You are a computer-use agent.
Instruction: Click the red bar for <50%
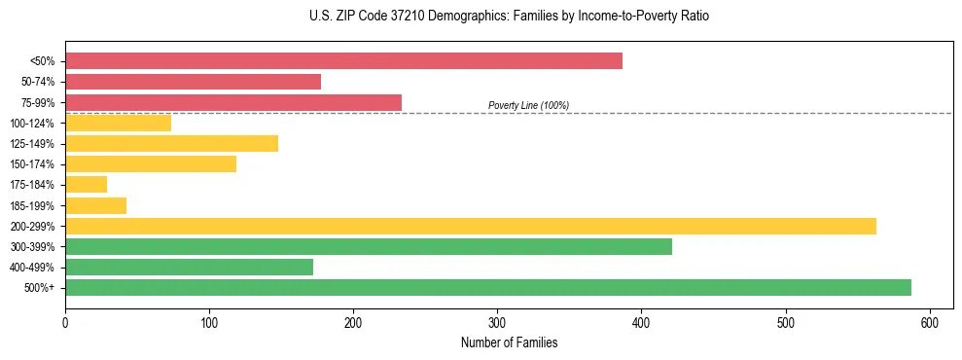343,61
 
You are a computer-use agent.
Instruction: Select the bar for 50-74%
193,82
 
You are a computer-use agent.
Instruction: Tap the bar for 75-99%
233,102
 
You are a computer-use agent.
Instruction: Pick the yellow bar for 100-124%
118,123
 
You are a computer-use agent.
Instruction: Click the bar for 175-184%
86,185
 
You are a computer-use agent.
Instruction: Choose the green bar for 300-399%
369,247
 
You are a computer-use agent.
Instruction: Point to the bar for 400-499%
189,268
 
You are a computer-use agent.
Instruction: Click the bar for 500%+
488,288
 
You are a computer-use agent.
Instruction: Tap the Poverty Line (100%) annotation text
528,105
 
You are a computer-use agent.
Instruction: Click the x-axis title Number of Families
510,343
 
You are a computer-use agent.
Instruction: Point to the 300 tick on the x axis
497,322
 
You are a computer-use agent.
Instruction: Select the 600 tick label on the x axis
930,322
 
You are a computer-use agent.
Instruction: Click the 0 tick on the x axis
65,322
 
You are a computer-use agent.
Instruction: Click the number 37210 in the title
380,17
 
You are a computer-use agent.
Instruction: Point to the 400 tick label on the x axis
641,322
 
